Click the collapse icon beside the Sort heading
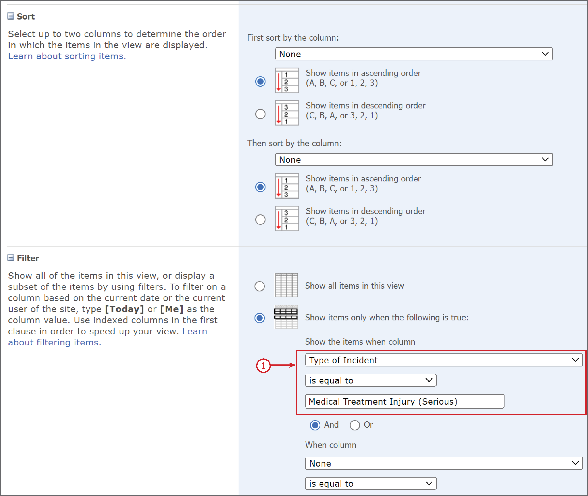pyautogui.click(x=11, y=16)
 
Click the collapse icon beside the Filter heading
pyautogui.click(x=11, y=258)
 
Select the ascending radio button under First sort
pyautogui.click(x=260, y=82)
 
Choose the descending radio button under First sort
pyautogui.click(x=260, y=114)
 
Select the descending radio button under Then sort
pyautogui.click(x=260, y=220)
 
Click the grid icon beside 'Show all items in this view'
pyautogui.click(x=286, y=285)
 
